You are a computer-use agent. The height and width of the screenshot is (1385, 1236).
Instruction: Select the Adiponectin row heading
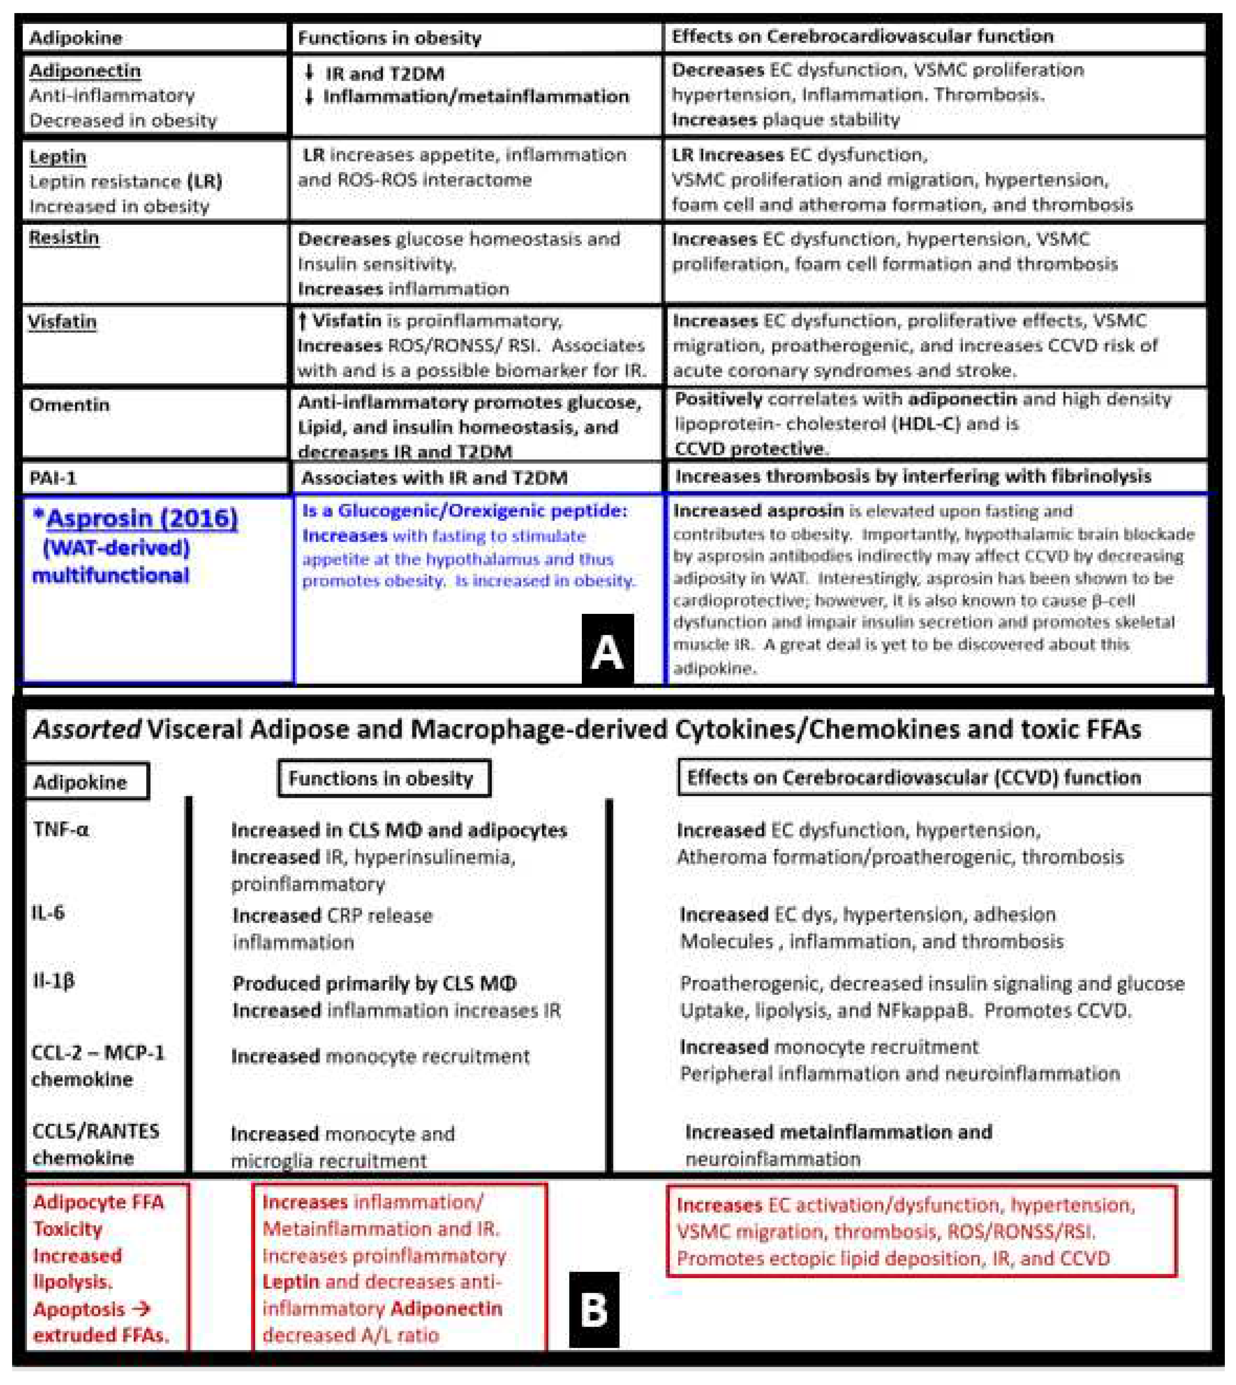click(x=85, y=71)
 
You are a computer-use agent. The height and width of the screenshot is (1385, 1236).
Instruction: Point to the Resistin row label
click(x=64, y=238)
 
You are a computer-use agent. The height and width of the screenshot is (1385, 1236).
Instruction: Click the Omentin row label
click(x=69, y=405)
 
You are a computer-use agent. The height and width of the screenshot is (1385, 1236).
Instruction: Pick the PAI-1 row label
click(x=53, y=478)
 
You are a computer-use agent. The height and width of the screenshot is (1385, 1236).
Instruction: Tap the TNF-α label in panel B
click(x=61, y=829)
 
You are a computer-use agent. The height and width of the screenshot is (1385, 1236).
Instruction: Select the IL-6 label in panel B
click(x=47, y=913)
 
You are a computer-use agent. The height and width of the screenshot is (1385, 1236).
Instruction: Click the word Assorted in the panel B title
click(x=87, y=729)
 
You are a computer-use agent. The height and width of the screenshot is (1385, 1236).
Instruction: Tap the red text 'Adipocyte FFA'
click(x=98, y=1202)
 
